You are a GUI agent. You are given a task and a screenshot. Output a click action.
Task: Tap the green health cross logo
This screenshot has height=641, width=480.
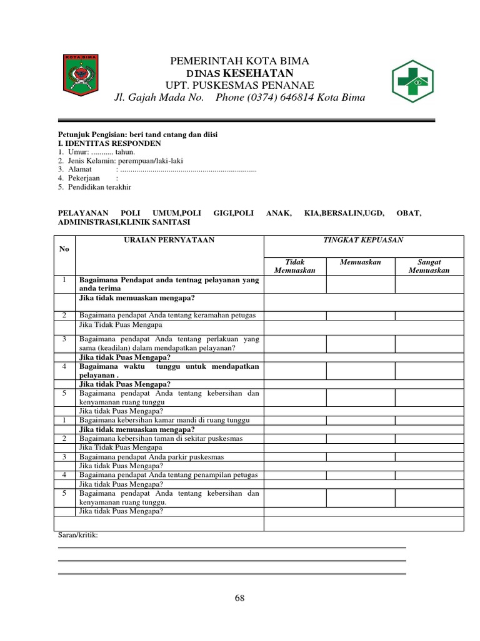pos(412,80)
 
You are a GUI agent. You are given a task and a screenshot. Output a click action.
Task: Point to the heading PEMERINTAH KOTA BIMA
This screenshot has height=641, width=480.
pos(240,61)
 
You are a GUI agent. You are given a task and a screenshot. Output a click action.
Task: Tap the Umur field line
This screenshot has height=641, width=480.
pos(97,151)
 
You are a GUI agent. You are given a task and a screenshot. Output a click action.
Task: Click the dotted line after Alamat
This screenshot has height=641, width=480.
pos(187,170)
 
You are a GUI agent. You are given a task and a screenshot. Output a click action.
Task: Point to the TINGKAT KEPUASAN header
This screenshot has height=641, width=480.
pos(363,240)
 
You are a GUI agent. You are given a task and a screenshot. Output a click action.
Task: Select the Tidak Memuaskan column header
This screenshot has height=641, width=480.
pos(294,266)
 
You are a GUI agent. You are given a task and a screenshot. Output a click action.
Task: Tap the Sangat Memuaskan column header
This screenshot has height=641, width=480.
pos(428,266)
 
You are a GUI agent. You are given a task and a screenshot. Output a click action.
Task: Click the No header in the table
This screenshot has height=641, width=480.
pos(64,249)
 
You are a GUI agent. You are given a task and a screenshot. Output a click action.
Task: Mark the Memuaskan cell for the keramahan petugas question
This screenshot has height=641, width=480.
pos(360,315)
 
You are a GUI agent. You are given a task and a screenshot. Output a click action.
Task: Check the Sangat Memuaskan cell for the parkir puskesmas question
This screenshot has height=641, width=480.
pos(428,457)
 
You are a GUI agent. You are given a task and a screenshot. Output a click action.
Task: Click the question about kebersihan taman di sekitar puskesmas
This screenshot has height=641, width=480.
pos(161,438)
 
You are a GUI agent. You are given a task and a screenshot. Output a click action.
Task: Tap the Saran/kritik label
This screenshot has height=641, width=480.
pos(78,535)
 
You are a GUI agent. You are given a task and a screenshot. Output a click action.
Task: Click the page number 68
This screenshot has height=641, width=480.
pos(239,598)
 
